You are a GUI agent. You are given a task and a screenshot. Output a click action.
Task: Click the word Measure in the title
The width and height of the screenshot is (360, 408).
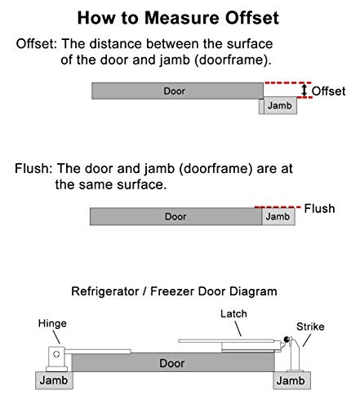182,18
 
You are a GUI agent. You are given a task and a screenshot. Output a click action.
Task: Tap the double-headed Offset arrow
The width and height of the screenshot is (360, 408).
304,90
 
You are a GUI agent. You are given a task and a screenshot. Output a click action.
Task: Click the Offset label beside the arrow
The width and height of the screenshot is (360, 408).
328,91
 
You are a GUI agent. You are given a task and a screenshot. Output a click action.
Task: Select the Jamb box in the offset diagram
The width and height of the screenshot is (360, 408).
280,105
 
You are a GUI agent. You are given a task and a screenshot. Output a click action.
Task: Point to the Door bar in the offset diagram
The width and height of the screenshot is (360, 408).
177,91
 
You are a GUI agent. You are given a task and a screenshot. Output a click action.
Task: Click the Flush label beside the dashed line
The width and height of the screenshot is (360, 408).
319,209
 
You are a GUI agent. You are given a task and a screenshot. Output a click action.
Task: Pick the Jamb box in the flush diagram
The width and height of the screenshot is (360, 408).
278,216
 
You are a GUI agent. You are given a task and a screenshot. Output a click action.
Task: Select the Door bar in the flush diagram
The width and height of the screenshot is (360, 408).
176,216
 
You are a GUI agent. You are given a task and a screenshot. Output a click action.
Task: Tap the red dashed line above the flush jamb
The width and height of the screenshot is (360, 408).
278,207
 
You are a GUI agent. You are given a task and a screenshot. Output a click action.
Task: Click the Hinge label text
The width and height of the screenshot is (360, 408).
52,323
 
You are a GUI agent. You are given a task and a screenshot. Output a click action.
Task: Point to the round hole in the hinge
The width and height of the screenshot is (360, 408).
56,354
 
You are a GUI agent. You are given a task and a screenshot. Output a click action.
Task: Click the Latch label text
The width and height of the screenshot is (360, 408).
233,314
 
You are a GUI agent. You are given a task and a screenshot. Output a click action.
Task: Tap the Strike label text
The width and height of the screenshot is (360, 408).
310,326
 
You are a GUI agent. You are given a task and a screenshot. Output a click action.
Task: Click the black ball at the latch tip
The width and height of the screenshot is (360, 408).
287,339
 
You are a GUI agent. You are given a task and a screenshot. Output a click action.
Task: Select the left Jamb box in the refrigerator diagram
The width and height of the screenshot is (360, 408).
54,380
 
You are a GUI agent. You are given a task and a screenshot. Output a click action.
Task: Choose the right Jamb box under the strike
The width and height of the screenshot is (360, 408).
291,380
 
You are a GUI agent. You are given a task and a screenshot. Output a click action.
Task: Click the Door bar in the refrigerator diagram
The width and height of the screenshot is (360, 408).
173,362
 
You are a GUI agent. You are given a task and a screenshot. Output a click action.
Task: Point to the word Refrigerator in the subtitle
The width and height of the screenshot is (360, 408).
105,291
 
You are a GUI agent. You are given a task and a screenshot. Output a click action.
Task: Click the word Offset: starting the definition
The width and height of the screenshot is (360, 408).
37,44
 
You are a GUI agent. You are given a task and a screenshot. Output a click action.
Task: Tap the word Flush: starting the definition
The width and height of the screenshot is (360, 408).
33,169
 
